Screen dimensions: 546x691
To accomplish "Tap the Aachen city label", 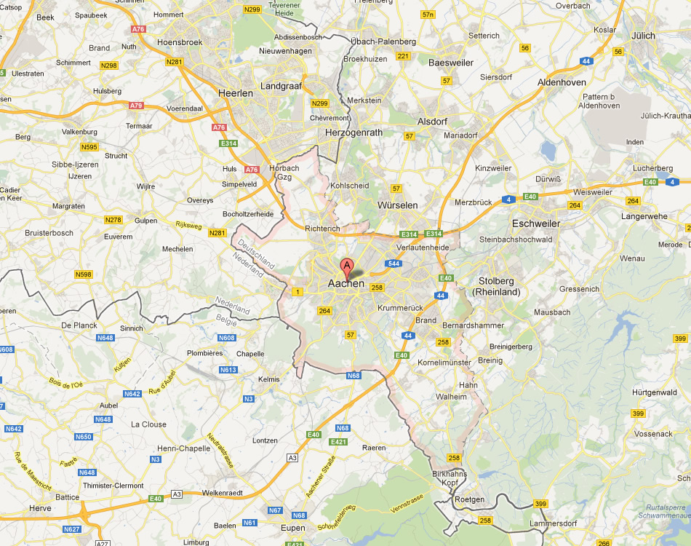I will (x=346, y=283).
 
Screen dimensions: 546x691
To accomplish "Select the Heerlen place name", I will (x=236, y=93).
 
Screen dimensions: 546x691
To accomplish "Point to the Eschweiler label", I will (x=536, y=223).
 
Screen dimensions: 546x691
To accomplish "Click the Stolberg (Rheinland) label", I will (x=497, y=286).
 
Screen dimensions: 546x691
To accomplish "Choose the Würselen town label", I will (x=397, y=205).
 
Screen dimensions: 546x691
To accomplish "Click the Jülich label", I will (x=643, y=35).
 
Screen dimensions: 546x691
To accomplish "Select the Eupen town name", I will (x=293, y=528).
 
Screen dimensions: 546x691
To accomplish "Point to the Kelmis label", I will (x=269, y=380).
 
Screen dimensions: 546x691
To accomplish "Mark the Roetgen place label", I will (x=468, y=499).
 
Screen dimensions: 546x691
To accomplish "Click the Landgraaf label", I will (x=280, y=85).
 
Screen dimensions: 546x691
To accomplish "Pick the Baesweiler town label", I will (x=451, y=63).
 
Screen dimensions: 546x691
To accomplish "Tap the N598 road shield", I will (x=84, y=274).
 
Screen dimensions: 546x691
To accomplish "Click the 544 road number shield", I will (x=394, y=264).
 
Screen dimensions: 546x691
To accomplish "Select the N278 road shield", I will (x=113, y=220).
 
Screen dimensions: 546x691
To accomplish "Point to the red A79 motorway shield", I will (x=136, y=106).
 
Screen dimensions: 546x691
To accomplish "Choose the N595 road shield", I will (x=89, y=147).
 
